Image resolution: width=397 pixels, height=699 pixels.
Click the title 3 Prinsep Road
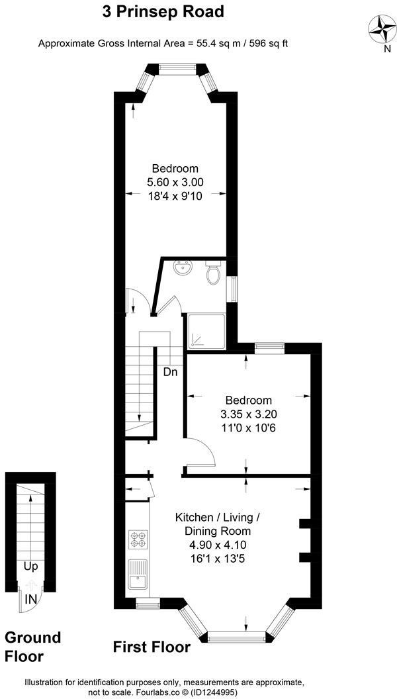pyautogui.click(x=163, y=11)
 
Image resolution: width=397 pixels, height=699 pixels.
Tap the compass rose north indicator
pyautogui.click(x=382, y=29)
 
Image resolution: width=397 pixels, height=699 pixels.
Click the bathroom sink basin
pyautogui.click(x=182, y=269)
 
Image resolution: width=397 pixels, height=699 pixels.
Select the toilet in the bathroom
pyautogui.click(x=213, y=273)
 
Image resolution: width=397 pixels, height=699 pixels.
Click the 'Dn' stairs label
pyautogui.click(x=171, y=372)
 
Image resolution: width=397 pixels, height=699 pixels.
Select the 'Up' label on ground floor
pyautogui.click(x=30, y=567)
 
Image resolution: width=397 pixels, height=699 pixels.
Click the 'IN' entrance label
pyautogui.click(x=30, y=598)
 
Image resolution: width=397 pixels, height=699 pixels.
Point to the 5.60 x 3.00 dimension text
pyautogui.click(x=175, y=182)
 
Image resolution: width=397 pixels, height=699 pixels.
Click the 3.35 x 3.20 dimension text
pyautogui.click(x=248, y=414)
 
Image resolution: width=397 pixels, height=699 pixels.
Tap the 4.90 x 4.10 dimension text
pyautogui.click(x=212, y=545)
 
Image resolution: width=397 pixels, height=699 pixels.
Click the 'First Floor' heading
pyautogui.click(x=152, y=647)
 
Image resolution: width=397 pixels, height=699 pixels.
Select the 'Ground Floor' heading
pyautogui.click(x=32, y=647)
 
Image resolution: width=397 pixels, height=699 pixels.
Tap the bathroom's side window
pyautogui.click(x=232, y=288)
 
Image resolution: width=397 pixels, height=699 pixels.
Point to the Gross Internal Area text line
pyautogui.click(x=163, y=44)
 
